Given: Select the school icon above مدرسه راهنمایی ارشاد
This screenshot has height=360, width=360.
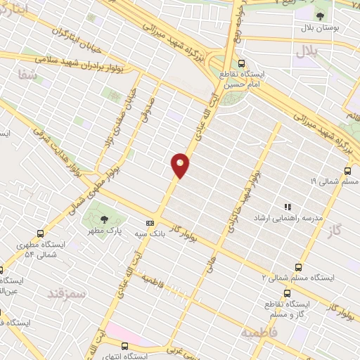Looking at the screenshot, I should pos(287,206).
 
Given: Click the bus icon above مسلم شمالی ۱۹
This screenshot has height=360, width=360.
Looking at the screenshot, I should pos(349,171).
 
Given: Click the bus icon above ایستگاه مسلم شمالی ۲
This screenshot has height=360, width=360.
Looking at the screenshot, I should pos(300,267).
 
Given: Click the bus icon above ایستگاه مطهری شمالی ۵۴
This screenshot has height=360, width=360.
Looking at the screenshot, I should pos(40,233).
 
